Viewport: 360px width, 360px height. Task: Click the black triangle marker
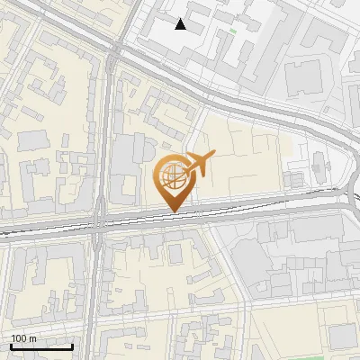(181, 24)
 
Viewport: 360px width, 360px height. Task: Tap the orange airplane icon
(199, 163)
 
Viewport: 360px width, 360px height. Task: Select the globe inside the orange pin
(171, 175)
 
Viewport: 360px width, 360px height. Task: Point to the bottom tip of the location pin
(172, 211)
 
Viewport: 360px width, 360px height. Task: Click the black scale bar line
(42, 346)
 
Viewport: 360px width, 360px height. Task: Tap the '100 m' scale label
(24, 338)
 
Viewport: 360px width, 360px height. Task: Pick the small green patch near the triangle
(233, 31)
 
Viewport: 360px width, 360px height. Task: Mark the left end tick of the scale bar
(11, 346)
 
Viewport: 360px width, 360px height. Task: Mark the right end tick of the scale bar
(73, 346)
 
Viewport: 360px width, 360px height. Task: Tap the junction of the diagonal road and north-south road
(113, 54)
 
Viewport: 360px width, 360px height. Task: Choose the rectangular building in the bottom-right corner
(341, 336)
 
